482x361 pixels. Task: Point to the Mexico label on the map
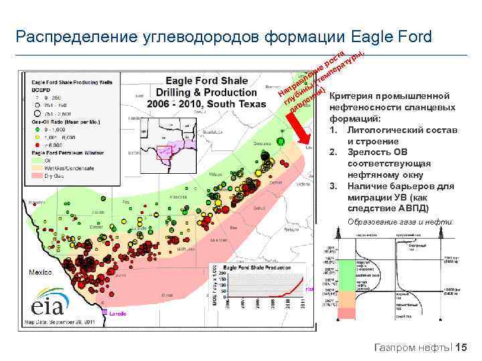click(41, 272)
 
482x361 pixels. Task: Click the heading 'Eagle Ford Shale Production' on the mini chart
click(255, 267)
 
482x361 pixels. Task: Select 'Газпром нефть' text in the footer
click(410, 348)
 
